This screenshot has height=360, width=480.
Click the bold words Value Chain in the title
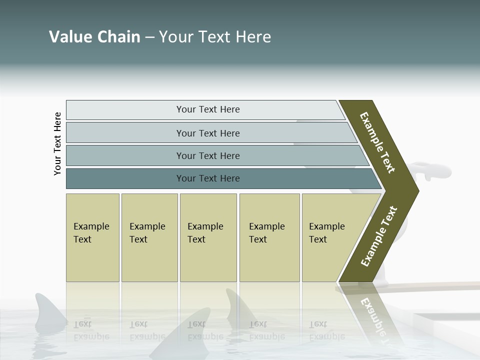94,37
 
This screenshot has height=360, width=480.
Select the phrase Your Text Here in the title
215,37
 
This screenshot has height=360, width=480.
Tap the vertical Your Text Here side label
57,143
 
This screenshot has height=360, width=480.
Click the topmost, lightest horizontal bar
207,109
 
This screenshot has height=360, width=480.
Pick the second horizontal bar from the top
207,133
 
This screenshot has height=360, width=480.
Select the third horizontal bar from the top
207,155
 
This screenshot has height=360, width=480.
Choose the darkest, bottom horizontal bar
207,178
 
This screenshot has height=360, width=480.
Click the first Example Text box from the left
92,237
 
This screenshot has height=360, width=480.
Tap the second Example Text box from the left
149,237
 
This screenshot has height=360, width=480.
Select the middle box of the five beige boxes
208,237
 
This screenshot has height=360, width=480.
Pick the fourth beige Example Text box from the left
269,237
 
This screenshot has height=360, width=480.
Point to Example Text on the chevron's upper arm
377,142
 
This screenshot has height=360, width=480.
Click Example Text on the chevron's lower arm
379,236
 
